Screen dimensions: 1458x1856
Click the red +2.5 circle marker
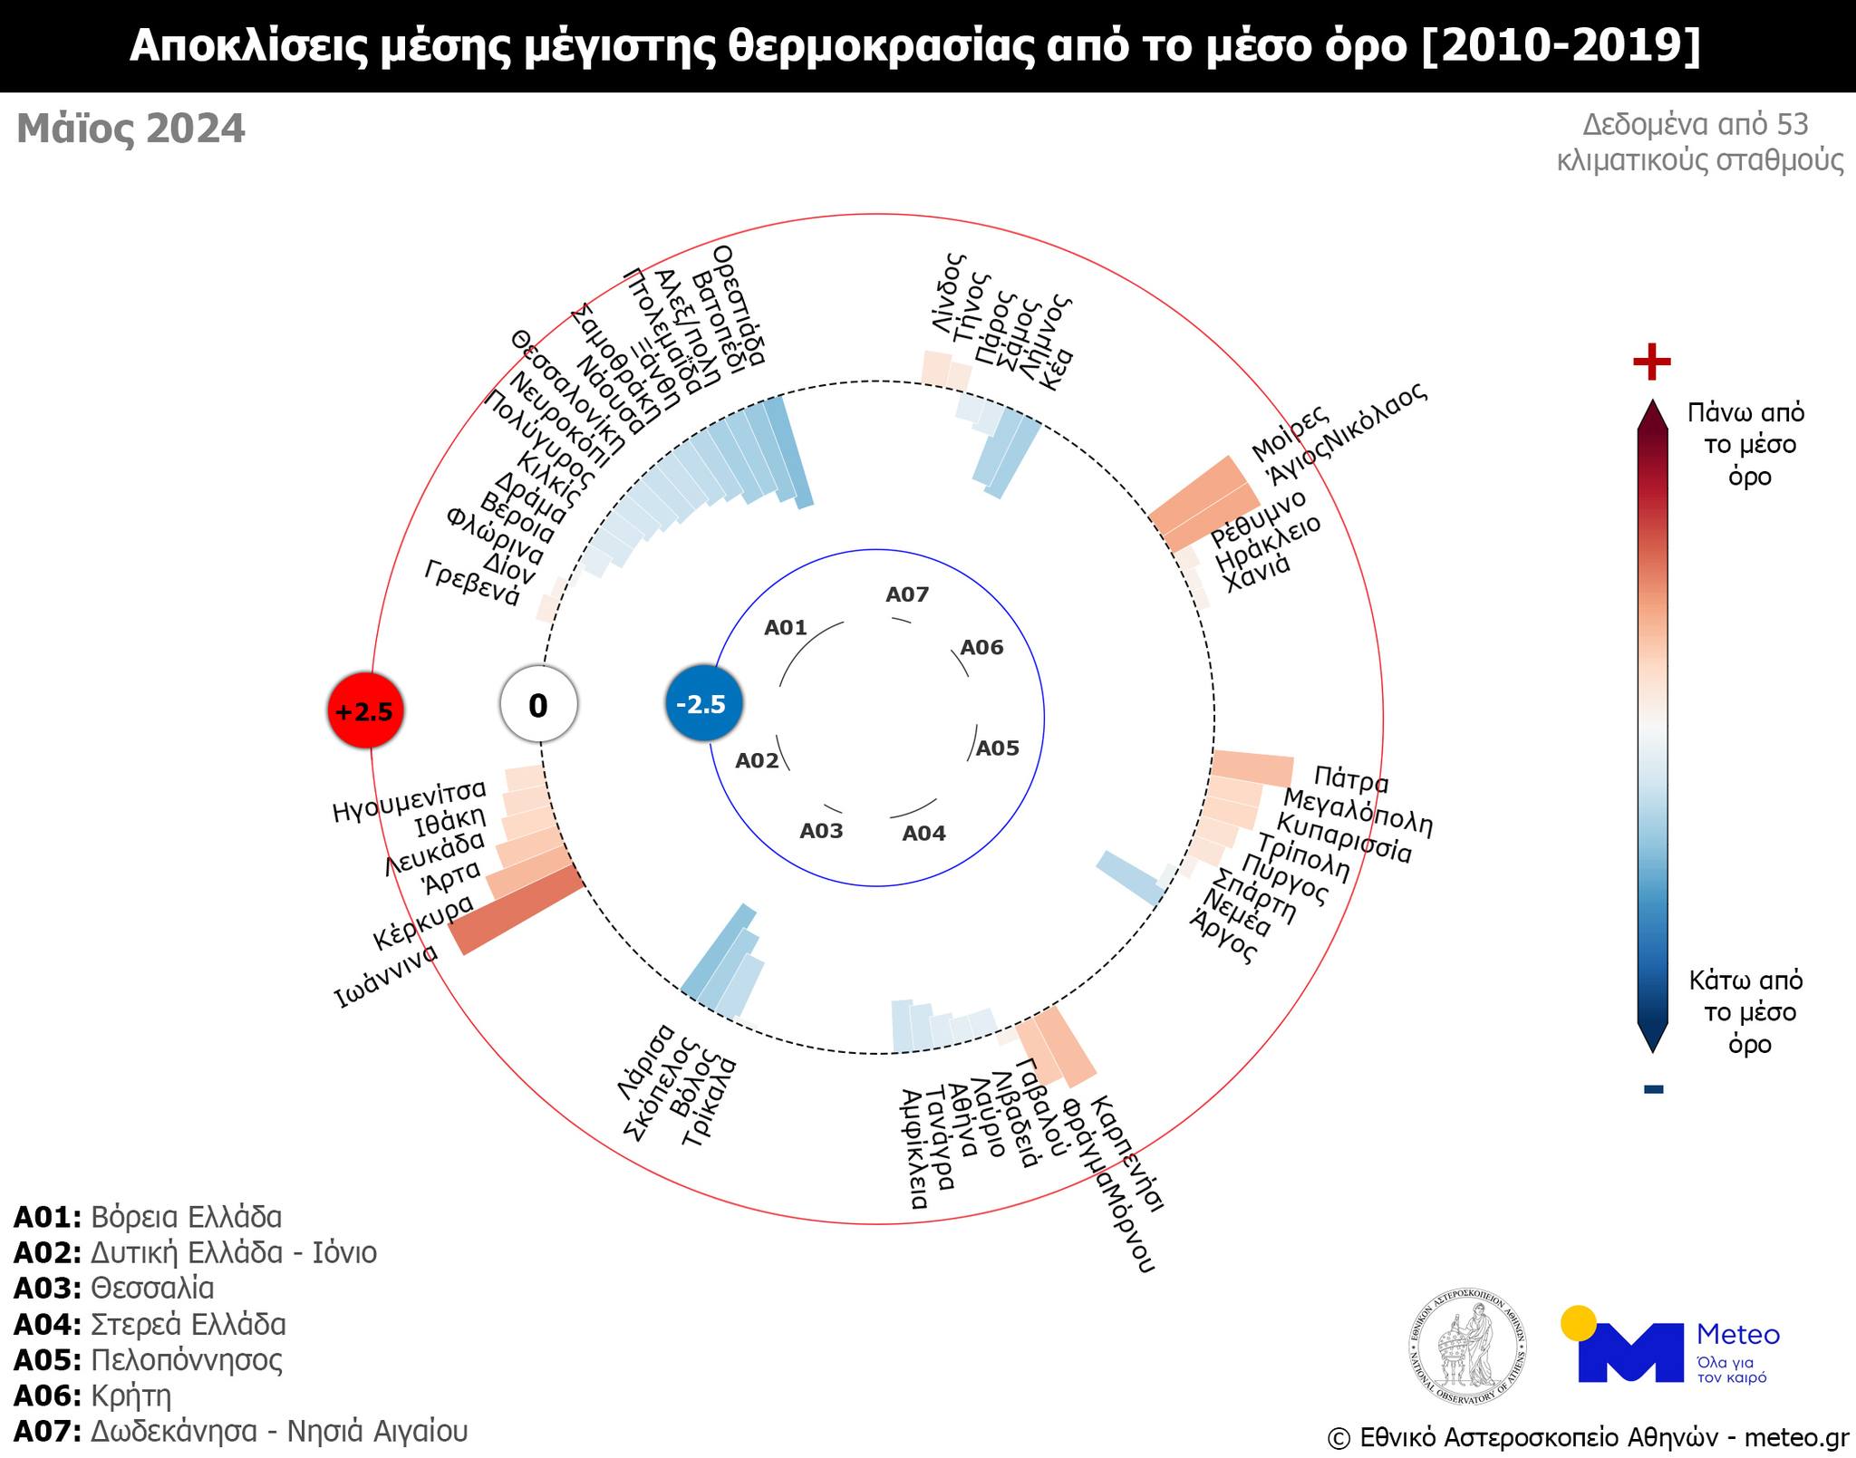tap(365, 710)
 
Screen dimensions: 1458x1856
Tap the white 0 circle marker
tap(538, 705)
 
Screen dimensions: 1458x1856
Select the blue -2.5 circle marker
tap(704, 703)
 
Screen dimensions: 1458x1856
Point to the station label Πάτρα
tap(1350, 778)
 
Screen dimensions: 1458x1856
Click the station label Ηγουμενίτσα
tap(410, 799)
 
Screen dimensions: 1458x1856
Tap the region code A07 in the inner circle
tap(907, 594)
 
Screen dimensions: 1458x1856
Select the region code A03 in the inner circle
tap(821, 831)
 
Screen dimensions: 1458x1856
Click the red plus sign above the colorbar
tap(1651, 362)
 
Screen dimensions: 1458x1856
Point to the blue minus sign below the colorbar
tap(1653, 1088)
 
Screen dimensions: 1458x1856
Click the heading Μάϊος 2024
tap(131, 129)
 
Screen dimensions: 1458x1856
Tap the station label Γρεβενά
tap(472, 583)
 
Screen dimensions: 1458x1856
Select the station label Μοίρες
tap(1290, 432)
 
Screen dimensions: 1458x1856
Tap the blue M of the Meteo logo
tap(1630, 1352)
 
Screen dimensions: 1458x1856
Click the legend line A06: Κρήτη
tap(92, 1395)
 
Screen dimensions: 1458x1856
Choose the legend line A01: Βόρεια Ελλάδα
tap(148, 1217)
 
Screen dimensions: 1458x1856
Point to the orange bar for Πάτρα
tap(1252, 768)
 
